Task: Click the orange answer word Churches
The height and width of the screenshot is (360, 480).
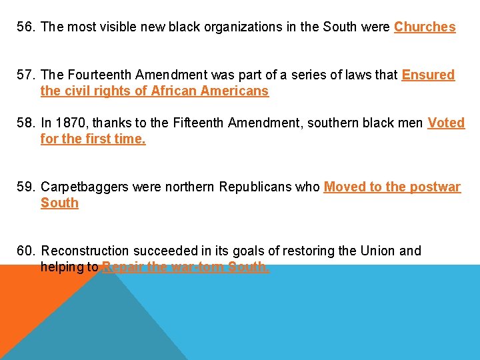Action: click(425, 27)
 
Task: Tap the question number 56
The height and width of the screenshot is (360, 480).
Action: click(27, 27)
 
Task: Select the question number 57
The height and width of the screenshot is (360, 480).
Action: click(27, 75)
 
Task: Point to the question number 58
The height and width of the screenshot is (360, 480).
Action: click(27, 123)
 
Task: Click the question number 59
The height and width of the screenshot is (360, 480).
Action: click(27, 187)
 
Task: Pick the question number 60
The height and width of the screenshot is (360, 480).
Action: click(27, 251)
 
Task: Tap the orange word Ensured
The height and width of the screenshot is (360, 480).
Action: click(428, 75)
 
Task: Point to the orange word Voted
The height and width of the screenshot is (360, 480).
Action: click(446, 123)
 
